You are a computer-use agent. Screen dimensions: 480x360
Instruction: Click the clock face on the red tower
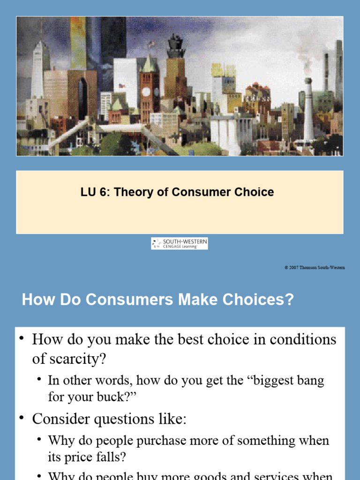click(x=146, y=91)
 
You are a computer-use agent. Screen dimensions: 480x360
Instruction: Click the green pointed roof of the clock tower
click(x=149, y=64)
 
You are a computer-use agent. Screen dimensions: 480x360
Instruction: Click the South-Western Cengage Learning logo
click(x=179, y=243)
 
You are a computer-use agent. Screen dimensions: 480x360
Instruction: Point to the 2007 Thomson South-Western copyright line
click(x=315, y=267)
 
